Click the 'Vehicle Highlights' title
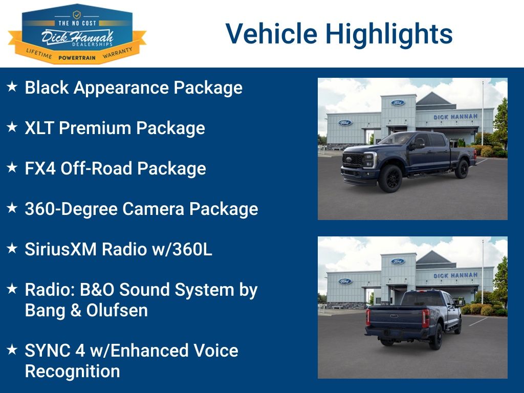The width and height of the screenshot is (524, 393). pos(339,34)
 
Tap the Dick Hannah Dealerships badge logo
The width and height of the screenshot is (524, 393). pos(77,33)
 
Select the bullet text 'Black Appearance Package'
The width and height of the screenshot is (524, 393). pos(134,88)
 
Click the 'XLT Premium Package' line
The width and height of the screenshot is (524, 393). pos(115,128)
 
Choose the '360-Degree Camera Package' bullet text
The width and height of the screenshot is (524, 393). pos(141,209)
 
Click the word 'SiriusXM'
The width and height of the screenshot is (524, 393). pos(61,249)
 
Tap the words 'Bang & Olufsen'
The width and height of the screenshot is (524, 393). pos(86,310)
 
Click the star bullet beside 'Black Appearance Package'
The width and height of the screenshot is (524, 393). pos(12,87)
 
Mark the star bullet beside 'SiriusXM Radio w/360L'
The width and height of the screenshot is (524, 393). pos(12,249)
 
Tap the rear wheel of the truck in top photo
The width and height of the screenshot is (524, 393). pos(462,169)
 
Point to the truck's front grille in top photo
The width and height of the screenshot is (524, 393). pos(353,160)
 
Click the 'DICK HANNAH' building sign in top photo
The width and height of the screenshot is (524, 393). pos(455,117)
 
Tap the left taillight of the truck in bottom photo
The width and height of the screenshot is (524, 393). pos(367,317)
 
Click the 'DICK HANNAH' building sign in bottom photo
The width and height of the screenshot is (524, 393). pos(455,275)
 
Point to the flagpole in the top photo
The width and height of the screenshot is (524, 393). pos(482,113)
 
